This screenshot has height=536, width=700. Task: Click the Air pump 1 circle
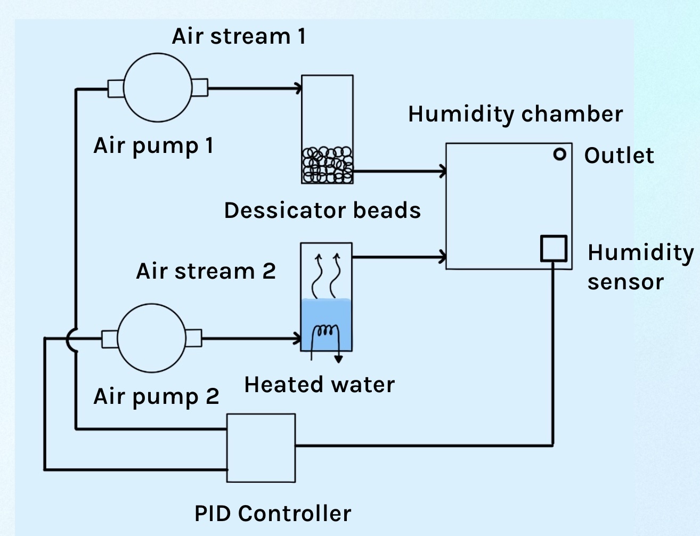click(157, 88)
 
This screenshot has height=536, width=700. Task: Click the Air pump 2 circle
click(152, 338)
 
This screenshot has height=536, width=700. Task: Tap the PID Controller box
click(261, 448)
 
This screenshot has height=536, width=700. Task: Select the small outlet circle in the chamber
click(559, 154)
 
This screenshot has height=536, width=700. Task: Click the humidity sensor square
click(554, 248)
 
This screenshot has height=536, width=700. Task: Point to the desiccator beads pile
click(327, 165)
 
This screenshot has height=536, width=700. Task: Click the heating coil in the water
click(325, 333)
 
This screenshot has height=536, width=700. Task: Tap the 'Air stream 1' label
click(239, 36)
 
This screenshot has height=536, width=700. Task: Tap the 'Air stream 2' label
click(206, 271)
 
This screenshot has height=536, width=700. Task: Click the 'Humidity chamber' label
click(515, 114)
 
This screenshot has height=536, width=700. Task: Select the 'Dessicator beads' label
click(322, 210)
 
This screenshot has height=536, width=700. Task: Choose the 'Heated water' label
click(320, 385)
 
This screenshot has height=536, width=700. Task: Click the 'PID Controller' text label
click(273, 514)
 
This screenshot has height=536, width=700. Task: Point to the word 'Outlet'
click(619, 156)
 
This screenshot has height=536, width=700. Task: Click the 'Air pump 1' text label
click(153, 145)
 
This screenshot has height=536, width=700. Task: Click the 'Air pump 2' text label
click(156, 396)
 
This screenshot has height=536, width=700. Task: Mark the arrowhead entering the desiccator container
click(298, 88)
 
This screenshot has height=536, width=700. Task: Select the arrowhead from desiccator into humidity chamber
click(442, 172)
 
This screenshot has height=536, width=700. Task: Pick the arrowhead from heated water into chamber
click(442, 257)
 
